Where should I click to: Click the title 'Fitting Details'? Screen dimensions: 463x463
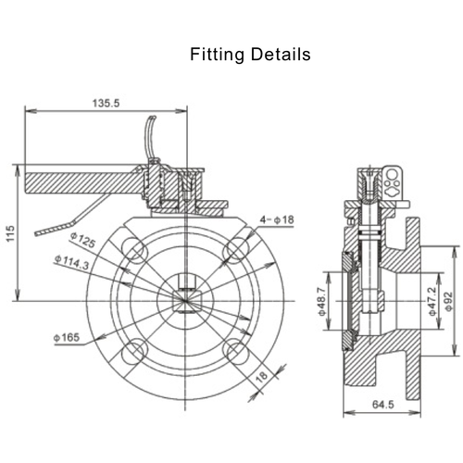tap(250, 55)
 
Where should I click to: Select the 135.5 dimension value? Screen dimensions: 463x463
tap(106, 103)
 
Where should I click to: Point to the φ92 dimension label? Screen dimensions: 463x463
tap(448, 299)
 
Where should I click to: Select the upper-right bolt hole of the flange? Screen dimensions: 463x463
tap(235, 248)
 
